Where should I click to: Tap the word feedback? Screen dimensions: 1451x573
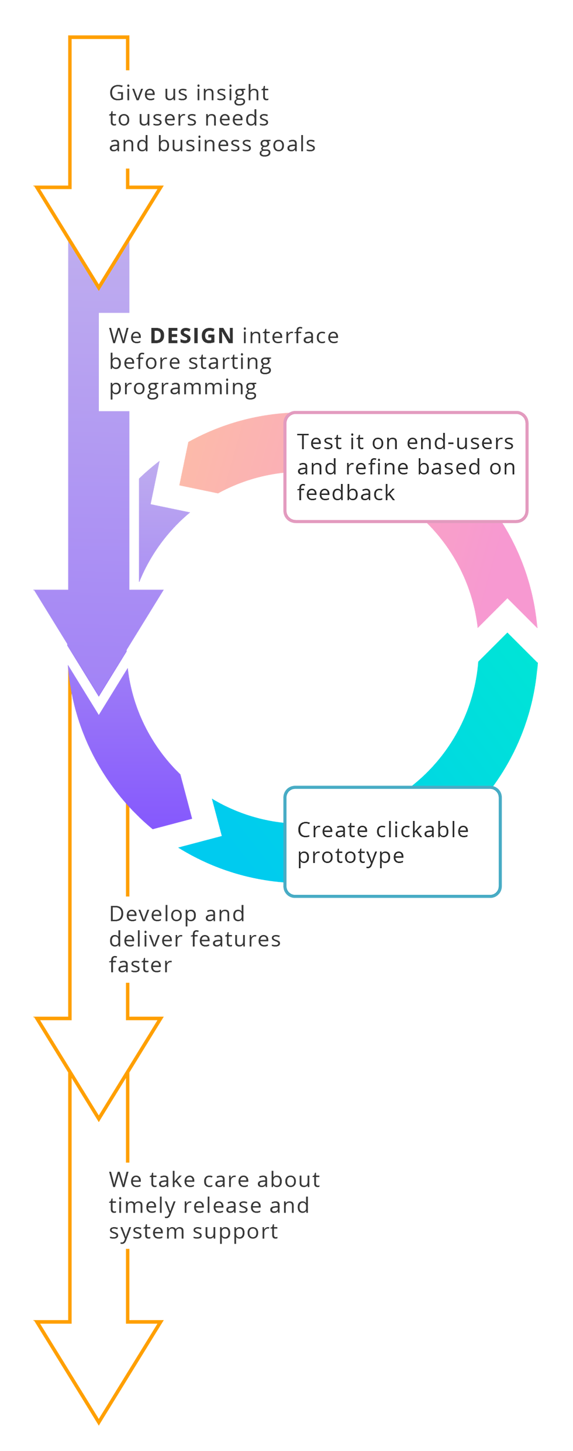pos(346,493)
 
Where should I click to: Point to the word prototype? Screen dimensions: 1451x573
pos(350,857)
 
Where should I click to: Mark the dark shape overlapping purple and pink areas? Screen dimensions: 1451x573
pos(234,362)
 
